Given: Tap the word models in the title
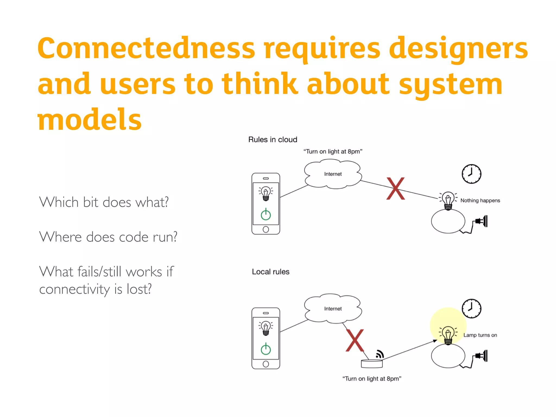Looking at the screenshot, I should [90, 119].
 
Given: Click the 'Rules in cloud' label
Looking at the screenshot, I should [273, 140].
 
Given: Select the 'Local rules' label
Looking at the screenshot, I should [270, 272].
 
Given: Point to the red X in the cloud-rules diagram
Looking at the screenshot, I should [396, 189].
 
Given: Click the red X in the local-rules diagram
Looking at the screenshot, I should [355, 340].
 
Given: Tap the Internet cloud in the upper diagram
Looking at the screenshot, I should [333, 174].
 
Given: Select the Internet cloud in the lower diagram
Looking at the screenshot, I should [333, 309].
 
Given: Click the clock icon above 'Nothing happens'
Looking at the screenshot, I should [472, 174].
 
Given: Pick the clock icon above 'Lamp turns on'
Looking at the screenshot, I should [472, 308].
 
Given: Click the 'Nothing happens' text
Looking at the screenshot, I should [480, 201].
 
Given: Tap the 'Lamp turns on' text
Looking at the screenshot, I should [480, 335].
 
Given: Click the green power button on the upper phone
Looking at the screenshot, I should [266, 215].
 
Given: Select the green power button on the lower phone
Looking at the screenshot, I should [266, 349].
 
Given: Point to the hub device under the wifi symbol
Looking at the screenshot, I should [372, 364].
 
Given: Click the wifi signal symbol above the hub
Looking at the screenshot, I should [380, 354].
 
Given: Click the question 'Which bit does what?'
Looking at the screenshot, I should [104, 202].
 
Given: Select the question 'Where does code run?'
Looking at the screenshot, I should [108, 237].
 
